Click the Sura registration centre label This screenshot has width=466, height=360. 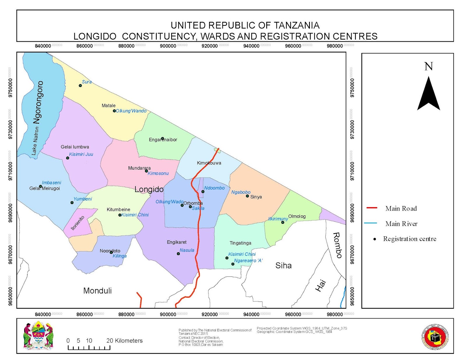point(87,82)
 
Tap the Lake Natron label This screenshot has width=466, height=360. point(35,141)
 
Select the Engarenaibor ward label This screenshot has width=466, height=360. point(163,140)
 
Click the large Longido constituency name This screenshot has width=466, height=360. point(149,189)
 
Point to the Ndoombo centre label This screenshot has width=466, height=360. point(214,188)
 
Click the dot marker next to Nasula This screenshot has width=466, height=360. point(178,254)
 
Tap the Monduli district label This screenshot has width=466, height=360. point(97,290)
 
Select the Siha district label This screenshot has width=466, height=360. point(283,265)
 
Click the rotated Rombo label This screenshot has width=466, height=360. point(337,245)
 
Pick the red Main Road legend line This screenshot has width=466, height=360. point(372,208)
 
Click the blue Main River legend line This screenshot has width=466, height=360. point(370,223)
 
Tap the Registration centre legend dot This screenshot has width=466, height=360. point(375,239)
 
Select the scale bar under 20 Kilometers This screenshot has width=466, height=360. point(89,347)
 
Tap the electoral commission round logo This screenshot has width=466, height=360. point(435,337)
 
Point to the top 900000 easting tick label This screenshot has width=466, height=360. point(168,46)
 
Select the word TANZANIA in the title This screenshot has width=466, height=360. point(297,25)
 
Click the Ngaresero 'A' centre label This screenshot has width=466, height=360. point(248,260)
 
